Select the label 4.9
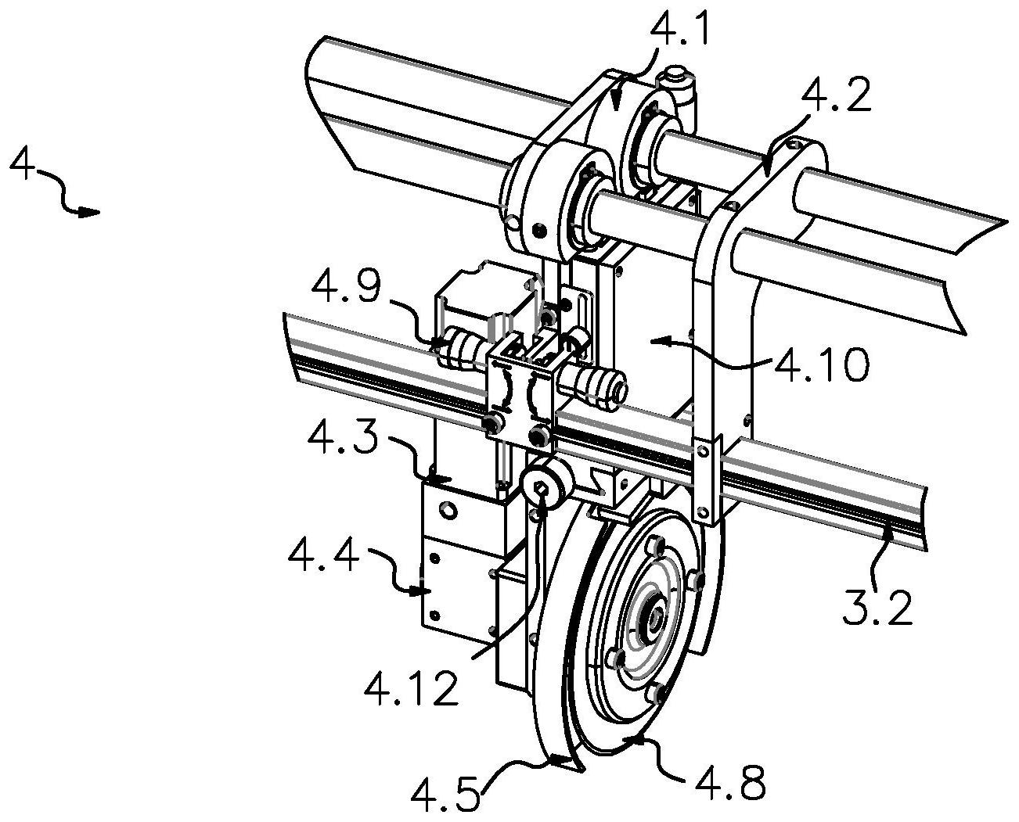coord(346,286)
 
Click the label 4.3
coord(343,438)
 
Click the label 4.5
coord(445,793)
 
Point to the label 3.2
coord(878,607)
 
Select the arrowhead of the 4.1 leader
coord(616,102)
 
